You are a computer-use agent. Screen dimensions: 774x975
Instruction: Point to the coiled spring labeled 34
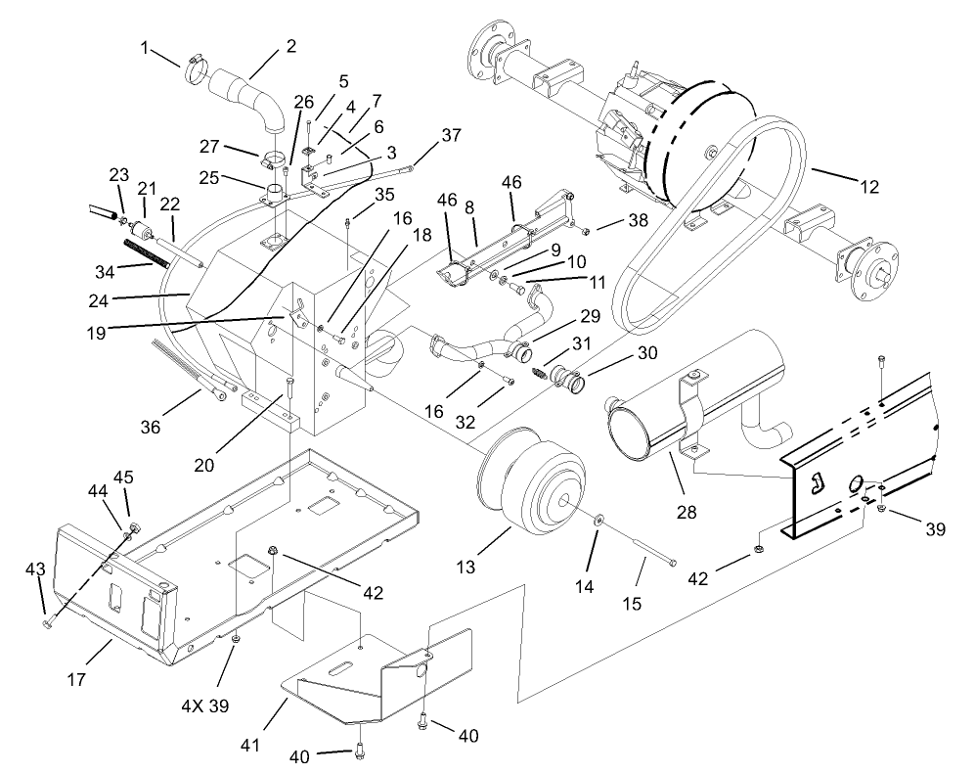(154, 252)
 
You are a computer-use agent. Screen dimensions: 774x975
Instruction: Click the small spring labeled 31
(538, 373)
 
